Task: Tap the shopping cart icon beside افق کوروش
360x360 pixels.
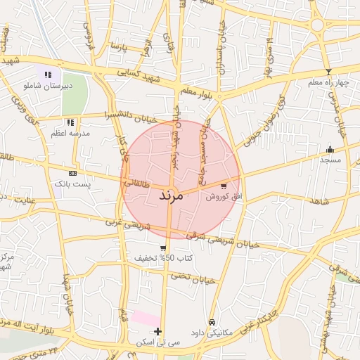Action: point(224,186)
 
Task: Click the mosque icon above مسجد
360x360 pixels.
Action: point(330,149)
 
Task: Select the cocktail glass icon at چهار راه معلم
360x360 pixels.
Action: point(328,72)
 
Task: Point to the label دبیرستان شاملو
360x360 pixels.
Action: point(48,85)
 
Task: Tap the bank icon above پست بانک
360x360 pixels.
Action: point(72,173)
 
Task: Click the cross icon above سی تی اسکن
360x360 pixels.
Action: point(157,331)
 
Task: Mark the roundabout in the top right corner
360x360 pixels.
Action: point(318,25)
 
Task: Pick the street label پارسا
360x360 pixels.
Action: point(119,46)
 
